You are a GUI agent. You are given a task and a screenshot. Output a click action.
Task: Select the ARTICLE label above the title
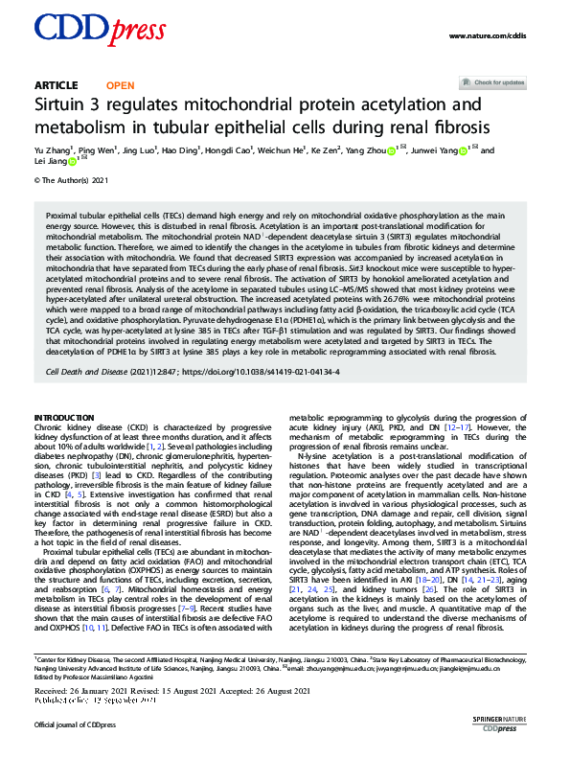click(56, 85)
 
